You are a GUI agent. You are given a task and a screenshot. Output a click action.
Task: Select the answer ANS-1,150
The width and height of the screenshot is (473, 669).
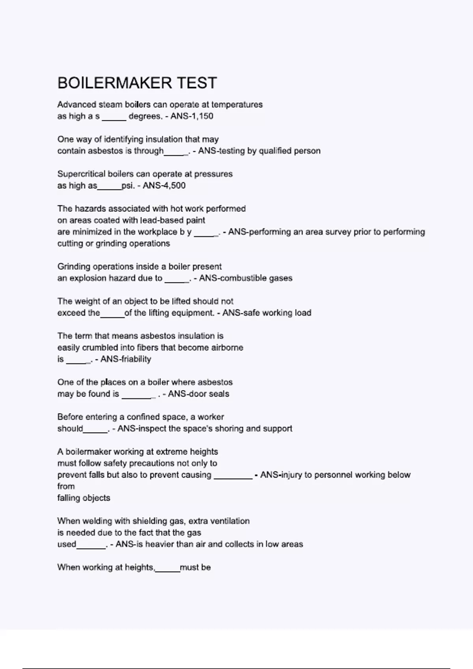tap(192, 116)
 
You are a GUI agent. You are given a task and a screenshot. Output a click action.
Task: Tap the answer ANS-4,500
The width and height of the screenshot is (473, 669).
tap(164, 185)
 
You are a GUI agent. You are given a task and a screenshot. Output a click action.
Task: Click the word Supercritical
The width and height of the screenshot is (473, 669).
tap(82, 174)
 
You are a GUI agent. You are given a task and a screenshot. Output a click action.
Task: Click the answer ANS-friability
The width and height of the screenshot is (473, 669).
tap(126, 359)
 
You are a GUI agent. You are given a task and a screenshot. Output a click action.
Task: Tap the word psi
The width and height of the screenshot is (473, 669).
tap(128, 185)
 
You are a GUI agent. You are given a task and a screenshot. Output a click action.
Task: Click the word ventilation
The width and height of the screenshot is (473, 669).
tap(231, 521)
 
